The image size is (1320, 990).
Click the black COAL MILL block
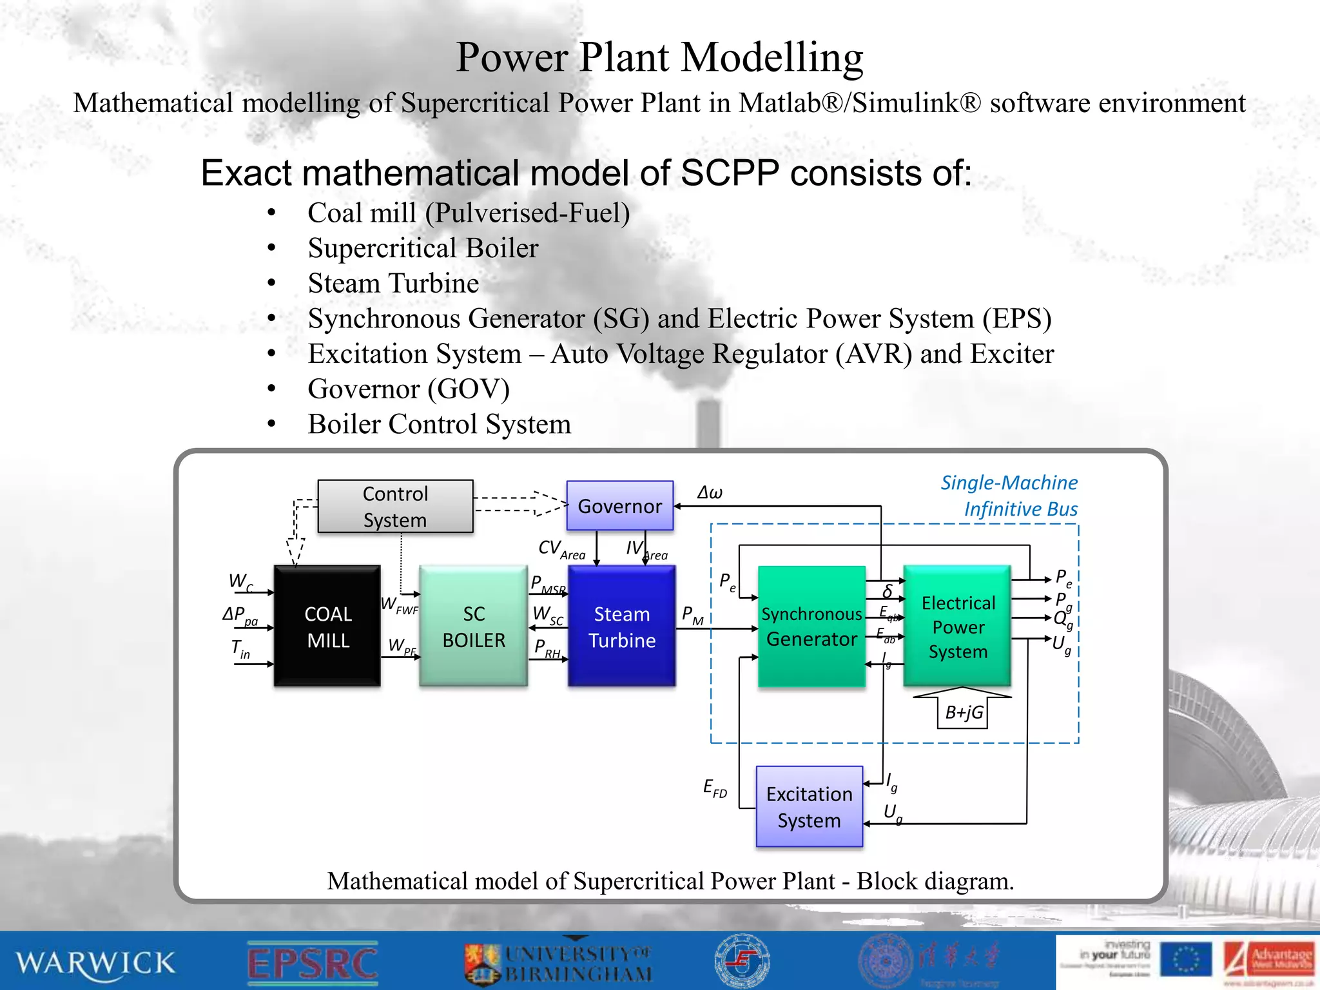pos(327,626)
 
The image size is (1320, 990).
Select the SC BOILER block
pos(473,626)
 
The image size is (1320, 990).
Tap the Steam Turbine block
pos(621,626)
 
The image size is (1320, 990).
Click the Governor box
pos(619,506)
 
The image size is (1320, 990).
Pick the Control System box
pos(395,507)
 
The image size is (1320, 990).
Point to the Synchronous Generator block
pos(811,626)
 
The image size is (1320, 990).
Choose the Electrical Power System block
pos(957,626)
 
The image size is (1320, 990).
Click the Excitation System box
pos(809,806)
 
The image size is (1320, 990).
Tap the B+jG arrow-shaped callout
pos(963,709)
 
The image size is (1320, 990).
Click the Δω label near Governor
pos(710,493)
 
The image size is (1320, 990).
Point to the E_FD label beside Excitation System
pos(715,788)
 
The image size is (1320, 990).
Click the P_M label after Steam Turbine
pos(692,616)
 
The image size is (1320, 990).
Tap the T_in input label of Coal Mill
pos(240,649)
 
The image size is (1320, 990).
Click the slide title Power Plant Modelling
pos(659,57)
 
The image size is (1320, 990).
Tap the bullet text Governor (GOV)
pos(409,389)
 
